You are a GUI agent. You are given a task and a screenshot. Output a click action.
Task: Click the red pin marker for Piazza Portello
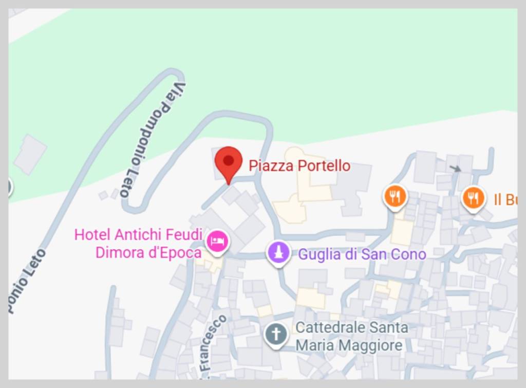pos(229,161)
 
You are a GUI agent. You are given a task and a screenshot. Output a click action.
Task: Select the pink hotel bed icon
pos(217,241)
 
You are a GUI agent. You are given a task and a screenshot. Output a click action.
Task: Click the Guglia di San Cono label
pos(362,254)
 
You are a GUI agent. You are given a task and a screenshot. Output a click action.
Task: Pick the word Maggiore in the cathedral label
pos(370,345)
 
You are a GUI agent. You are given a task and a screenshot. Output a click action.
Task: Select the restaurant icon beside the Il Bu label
pos(473,197)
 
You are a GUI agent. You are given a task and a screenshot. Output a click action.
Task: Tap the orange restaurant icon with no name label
pos(395,196)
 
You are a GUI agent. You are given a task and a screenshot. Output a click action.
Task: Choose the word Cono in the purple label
pos(409,254)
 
